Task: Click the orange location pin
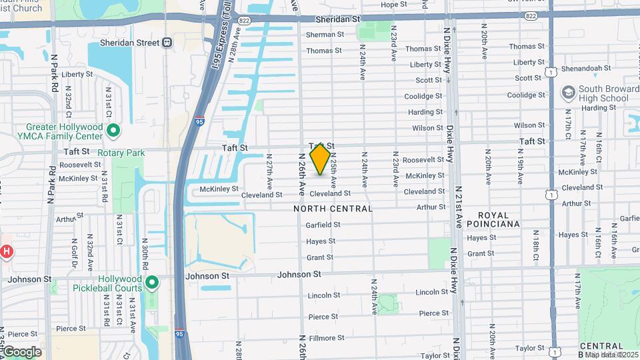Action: point(321,159)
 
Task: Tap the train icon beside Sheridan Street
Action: point(167,43)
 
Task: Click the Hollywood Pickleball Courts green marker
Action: point(152,283)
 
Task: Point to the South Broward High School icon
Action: point(568,93)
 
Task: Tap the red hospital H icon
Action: point(6,251)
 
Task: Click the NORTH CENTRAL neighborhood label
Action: point(333,209)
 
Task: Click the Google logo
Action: point(21,351)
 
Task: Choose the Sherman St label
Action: point(325,35)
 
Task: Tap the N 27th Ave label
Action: point(270,171)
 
